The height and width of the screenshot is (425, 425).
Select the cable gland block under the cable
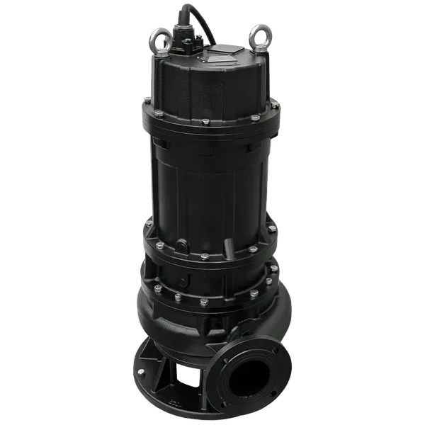point(189,44)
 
